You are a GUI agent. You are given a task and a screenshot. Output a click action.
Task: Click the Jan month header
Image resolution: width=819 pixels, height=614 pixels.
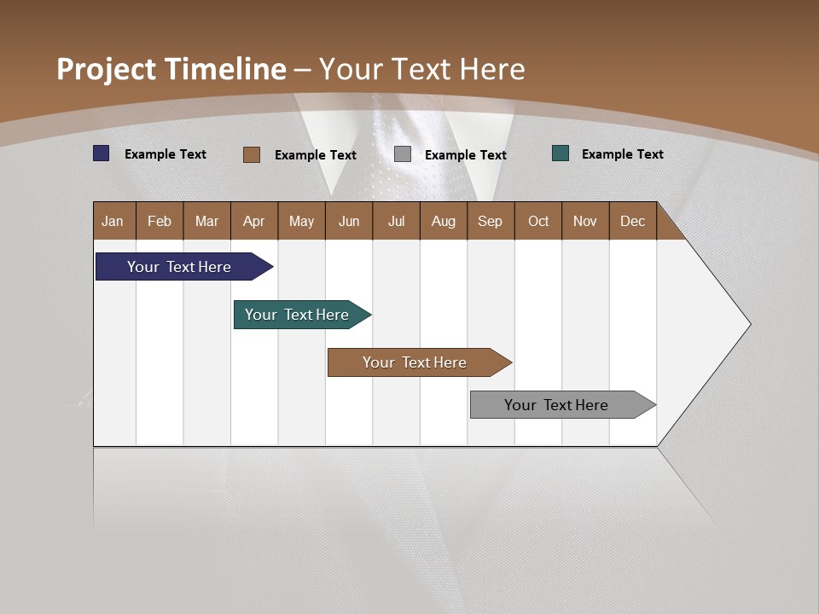(113, 221)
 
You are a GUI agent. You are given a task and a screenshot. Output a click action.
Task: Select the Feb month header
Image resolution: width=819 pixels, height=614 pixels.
(160, 221)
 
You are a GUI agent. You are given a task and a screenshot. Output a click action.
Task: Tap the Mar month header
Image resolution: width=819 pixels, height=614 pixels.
(206, 221)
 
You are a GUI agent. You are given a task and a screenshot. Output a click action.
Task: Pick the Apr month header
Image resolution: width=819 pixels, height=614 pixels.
(253, 221)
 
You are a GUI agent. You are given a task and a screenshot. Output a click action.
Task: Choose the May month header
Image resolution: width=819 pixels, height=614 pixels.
(301, 221)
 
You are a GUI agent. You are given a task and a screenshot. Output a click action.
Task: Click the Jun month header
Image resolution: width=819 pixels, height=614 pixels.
(349, 221)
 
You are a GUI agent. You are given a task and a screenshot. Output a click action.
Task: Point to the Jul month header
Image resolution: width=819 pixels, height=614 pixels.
(396, 221)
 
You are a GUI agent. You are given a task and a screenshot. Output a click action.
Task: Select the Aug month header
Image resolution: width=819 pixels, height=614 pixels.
(443, 221)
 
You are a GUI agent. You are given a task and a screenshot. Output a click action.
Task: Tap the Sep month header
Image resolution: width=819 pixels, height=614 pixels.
(490, 221)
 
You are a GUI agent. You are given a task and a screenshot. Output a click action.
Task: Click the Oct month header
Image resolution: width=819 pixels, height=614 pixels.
(538, 221)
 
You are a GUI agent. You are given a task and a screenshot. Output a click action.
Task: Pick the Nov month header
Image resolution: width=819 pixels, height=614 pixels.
(585, 221)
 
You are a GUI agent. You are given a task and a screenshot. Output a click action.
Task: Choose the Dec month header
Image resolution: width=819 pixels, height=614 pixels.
(632, 221)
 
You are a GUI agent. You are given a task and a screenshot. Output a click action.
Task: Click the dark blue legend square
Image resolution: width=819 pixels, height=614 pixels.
(102, 153)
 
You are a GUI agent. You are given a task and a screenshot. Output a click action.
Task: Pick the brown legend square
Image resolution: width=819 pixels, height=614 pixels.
(252, 154)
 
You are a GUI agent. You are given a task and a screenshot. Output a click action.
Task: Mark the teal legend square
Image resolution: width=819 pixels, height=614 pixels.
(561, 153)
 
